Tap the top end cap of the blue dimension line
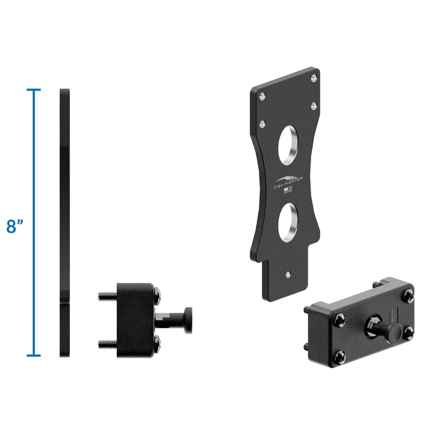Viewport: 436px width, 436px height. pos(34,89)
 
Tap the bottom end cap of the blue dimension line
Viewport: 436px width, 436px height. pos(34,356)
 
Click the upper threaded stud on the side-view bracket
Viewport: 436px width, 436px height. pos(107,296)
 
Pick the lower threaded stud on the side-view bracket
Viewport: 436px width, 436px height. pos(107,343)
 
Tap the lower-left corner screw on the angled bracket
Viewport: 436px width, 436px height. pos(340,356)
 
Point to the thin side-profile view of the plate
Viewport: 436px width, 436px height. pos(65,223)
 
